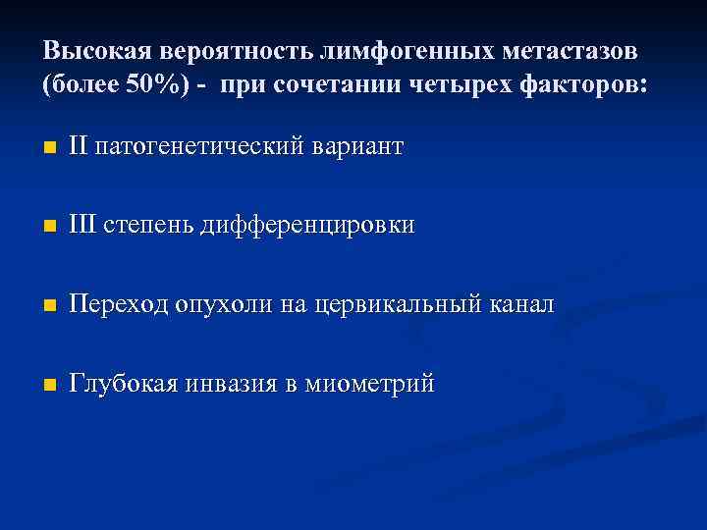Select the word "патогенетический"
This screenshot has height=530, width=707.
pos(201,148)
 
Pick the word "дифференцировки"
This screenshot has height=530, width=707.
pos(307,227)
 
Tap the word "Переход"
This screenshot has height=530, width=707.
pos(120,305)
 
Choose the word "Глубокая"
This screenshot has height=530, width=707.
pos(124,384)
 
